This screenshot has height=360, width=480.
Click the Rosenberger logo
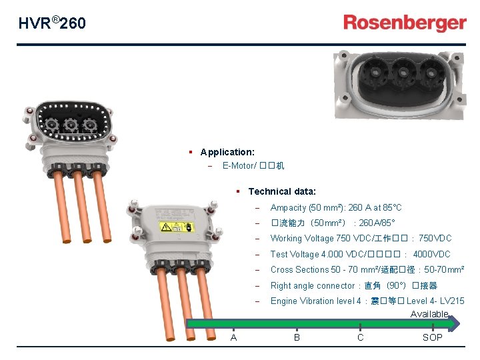[x=405, y=23]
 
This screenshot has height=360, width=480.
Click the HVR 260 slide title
[x=52, y=23]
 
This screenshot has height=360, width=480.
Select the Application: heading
[x=227, y=153]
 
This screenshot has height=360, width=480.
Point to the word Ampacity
[x=289, y=208]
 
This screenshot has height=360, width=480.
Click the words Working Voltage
[x=301, y=239]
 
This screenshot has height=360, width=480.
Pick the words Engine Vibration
[x=302, y=301]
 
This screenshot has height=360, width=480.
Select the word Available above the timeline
[x=429, y=314]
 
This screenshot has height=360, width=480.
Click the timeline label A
[x=233, y=337]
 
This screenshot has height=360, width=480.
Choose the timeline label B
[x=297, y=337]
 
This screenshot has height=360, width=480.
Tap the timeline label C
[x=360, y=337]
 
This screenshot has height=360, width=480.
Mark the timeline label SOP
[x=432, y=337]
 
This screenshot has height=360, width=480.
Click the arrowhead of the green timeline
[x=455, y=325]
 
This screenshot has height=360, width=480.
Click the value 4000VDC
[x=431, y=254]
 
